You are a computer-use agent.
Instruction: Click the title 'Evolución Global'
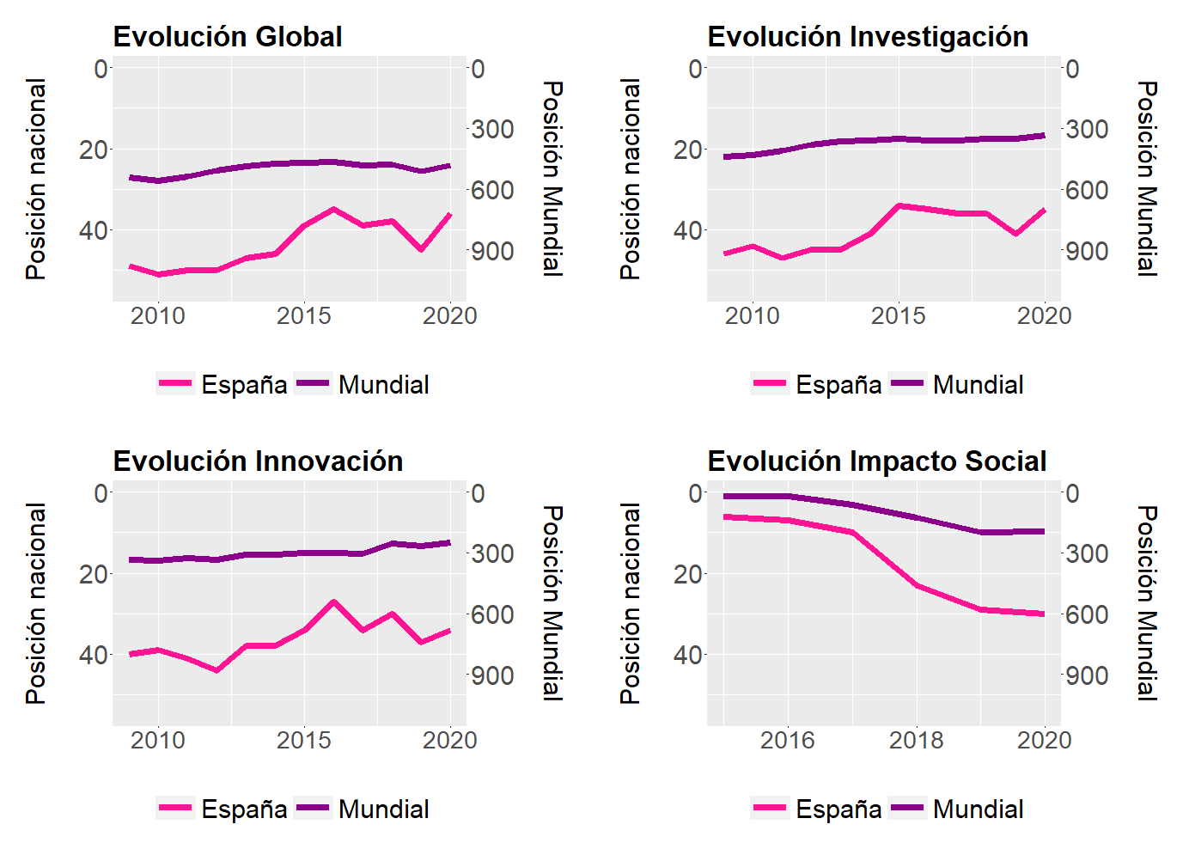coord(228,37)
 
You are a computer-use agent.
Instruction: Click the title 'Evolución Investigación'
coord(868,37)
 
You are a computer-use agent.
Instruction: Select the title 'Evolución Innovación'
coord(258,461)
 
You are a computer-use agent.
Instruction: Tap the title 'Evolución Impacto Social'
coord(876,461)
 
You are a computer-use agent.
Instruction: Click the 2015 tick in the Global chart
coord(303,316)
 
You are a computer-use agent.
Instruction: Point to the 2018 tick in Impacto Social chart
coord(916,741)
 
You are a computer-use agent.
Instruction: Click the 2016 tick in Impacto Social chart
coord(787,741)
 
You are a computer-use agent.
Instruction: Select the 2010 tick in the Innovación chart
coord(157,741)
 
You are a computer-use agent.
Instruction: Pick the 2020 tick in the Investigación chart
coord(1044,316)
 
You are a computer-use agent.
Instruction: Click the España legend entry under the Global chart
coord(222,384)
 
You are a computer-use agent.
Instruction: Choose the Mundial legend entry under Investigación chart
coord(956,384)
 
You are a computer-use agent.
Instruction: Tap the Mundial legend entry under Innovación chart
coord(362,809)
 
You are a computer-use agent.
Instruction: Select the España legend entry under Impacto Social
coord(816,809)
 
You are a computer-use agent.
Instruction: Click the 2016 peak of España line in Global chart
coord(333,209)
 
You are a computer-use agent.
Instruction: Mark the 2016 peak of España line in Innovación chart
coord(333,602)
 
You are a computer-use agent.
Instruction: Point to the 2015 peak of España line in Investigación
coord(899,205)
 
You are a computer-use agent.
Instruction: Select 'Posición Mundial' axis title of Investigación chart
coord(1147,179)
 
